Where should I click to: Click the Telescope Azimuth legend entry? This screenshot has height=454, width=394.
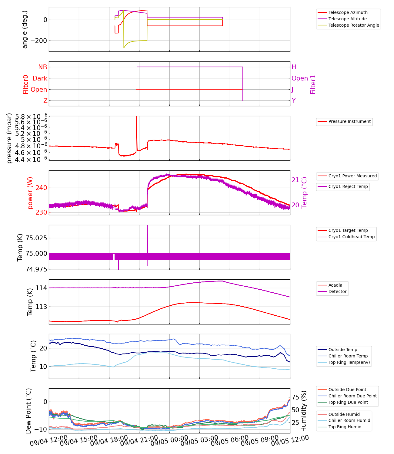point(348,12)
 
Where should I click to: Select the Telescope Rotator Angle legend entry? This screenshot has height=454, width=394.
point(353,25)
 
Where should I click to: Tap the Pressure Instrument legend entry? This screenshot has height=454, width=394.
point(349,121)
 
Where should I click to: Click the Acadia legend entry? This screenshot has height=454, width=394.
point(335,285)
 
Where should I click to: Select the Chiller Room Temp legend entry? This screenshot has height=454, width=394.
point(348,356)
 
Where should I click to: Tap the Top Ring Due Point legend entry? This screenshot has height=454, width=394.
point(348,402)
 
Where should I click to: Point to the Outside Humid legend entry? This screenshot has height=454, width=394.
point(344,414)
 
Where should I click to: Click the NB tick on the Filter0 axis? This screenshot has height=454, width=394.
point(42,67)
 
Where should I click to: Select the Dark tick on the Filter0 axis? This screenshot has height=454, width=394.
point(40,78)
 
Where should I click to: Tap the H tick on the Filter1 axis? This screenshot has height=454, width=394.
point(294,67)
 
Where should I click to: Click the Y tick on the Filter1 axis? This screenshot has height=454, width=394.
point(294,101)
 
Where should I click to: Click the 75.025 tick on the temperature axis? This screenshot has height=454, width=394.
point(36,238)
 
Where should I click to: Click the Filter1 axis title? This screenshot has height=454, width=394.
point(313,84)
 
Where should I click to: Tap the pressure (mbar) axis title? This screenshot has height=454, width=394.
point(9,138)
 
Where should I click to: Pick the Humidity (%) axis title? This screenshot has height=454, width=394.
point(304,411)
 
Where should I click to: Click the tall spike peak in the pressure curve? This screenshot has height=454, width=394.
point(136,117)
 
